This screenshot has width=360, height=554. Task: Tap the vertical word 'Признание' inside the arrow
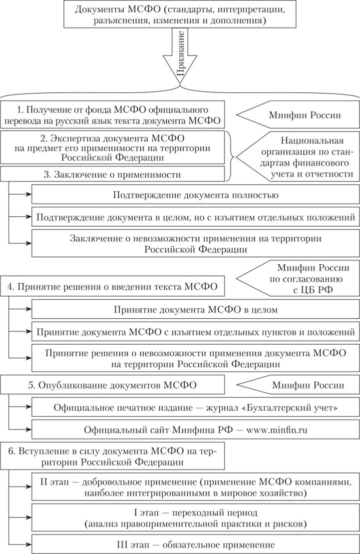click(181, 56)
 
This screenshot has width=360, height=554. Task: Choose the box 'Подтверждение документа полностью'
click(195, 195)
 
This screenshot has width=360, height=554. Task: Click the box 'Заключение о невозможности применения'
click(195, 243)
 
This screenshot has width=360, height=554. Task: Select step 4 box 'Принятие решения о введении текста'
click(112, 287)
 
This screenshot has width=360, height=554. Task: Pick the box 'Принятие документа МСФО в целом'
click(195, 310)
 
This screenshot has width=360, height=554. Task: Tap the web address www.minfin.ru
click(280, 429)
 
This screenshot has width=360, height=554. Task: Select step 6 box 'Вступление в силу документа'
click(112, 457)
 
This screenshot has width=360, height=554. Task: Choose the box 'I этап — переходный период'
click(195, 518)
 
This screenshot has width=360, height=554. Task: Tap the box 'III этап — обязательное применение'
click(195, 545)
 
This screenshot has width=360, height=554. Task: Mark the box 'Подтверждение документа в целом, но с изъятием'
click(195, 217)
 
